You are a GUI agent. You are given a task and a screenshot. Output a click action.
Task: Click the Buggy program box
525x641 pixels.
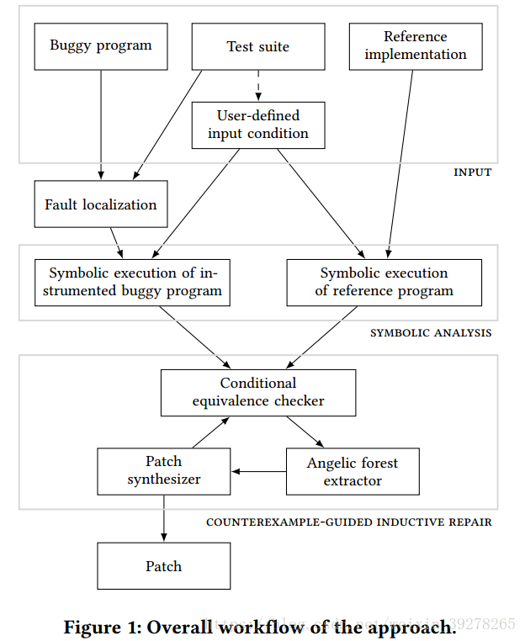100,46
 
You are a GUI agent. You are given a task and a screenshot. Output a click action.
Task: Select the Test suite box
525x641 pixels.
257,46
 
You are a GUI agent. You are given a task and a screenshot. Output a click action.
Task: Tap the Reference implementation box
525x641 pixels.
415,46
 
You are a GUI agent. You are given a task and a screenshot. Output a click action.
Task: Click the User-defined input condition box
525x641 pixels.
257,124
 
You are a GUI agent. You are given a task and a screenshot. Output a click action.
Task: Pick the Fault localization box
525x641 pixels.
100,204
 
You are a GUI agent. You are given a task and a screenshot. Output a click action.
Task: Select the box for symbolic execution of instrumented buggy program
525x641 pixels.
132,283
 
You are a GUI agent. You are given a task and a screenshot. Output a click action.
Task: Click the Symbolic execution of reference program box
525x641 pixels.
384,283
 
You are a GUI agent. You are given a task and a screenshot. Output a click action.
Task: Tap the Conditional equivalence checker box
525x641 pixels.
257,393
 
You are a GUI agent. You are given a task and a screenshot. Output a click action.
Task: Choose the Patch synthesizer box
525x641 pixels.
163,471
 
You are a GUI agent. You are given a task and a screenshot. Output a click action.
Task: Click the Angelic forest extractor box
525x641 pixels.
352,472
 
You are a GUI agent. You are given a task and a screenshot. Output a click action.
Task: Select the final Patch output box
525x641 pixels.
163,566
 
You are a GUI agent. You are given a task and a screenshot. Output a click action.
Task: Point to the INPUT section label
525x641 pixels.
472,172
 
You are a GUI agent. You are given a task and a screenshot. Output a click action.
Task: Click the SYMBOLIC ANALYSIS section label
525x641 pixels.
431,333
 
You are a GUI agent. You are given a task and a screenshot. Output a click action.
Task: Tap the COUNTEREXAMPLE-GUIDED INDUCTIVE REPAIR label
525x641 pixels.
348,522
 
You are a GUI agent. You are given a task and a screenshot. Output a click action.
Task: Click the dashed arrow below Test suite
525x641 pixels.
257,85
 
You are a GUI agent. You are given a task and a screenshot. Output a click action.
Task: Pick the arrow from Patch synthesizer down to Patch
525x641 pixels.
163,518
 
